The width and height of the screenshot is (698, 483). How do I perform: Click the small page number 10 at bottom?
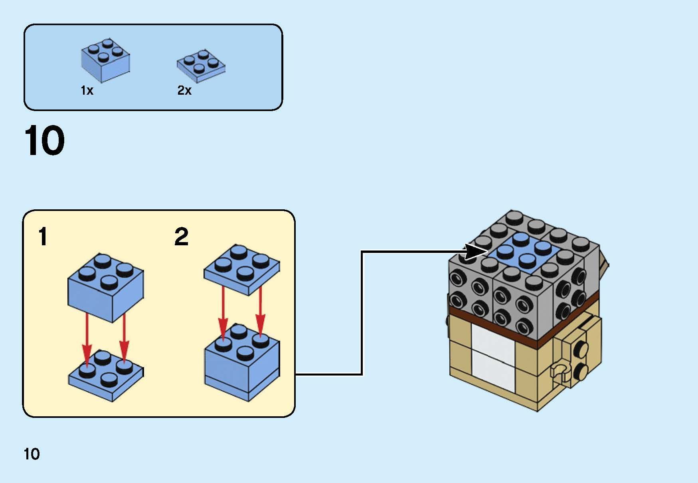pos(32,454)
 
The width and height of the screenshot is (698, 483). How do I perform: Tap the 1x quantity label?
pos(87,91)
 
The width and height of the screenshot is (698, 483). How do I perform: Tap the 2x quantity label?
pos(184,91)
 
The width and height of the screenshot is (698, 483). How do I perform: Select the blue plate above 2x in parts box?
pos(201,66)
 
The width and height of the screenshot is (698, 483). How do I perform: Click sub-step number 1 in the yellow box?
pos(43,237)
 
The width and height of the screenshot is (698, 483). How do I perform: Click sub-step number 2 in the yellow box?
pos(181,237)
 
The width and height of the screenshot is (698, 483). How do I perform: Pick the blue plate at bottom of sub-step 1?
pos(106,375)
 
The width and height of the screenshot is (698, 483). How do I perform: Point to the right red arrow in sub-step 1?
pos(125,338)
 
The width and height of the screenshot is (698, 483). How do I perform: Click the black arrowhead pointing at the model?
pos(476,252)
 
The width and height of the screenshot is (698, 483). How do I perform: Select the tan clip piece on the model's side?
pos(559,372)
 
